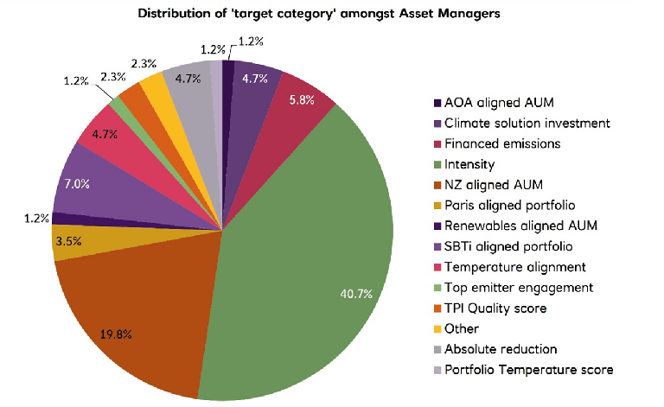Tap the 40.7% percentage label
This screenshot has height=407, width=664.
coord(355,294)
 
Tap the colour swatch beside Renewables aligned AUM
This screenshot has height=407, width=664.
coord(437,226)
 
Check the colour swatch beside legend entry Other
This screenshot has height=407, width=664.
coord(437,329)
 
